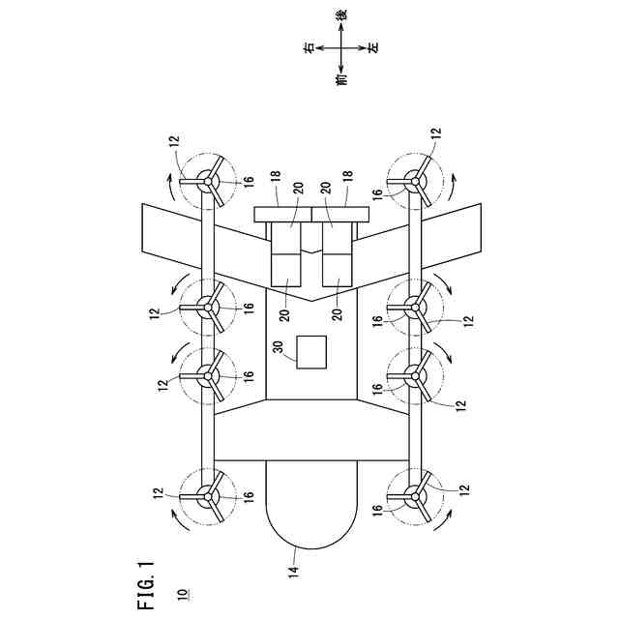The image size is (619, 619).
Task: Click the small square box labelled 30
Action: (311, 351)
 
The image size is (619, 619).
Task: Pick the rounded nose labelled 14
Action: (309, 508)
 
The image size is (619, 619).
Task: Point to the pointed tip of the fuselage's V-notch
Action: (310, 303)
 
